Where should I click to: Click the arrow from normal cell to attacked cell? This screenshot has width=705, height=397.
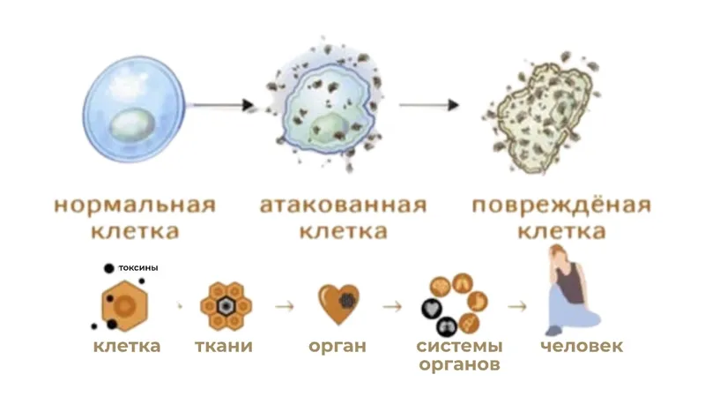pyautogui.click(x=221, y=105)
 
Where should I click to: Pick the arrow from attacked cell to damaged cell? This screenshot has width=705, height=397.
pyautogui.click(x=429, y=105)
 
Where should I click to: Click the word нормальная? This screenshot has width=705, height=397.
pyautogui.click(x=135, y=205)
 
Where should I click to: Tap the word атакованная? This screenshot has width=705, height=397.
pyautogui.click(x=343, y=205)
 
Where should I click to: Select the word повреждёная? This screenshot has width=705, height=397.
pyautogui.click(x=561, y=205)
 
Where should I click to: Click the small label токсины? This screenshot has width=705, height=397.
pyautogui.click(x=138, y=268)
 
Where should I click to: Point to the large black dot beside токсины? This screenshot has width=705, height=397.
pyautogui.click(x=108, y=268)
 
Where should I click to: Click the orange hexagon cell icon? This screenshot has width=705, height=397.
pyautogui.click(x=124, y=306)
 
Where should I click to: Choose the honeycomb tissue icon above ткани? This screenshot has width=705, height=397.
pyautogui.click(x=226, y=306)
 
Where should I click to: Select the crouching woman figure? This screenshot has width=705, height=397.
pyautogui.click(x=571, y=291)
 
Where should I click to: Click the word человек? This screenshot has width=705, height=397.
pyautogui.click(x=582, y=346)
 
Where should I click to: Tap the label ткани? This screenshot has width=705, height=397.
pyautogui.click(x=224, y=346)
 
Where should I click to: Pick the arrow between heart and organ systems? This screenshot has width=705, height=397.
pyautogui.click(x=392, y=306)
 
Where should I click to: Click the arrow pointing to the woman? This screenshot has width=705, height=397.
pyautogui.click(x=517, y=306)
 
